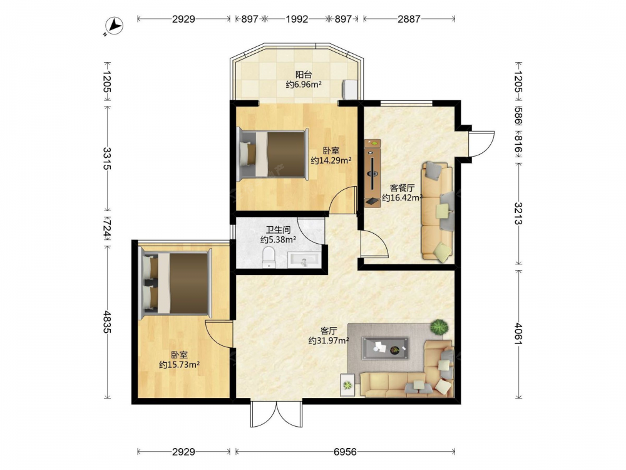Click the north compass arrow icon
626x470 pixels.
[x=115, y=26]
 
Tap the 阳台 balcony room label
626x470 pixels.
[x=304, y=75]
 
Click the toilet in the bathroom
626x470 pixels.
[x=269, y=258]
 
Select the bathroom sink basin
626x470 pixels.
[x=304, y=261]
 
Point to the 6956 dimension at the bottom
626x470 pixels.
[x=345, y=452]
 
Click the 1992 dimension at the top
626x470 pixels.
[x=297, y=19]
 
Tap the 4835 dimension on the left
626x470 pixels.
[x=107, y=321]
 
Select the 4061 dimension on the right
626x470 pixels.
[x=518, y=333]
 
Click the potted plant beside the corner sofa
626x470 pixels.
[x=439, y=328]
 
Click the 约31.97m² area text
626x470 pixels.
[x=329, y=341]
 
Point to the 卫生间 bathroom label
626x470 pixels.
[x=278, y=230]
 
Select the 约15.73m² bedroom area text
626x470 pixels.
[x=179, y=365]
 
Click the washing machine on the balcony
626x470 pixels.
[x=350, y=90]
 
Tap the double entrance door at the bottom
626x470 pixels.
[x=276, y=414]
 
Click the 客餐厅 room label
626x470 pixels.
[x=402, y=188]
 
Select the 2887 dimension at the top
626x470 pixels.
[x=409, y=19]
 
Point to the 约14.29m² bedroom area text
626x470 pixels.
[x=331, y=160]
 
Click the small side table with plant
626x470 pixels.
[x=347, y=385]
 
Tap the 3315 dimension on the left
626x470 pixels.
[x=107, y=159]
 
